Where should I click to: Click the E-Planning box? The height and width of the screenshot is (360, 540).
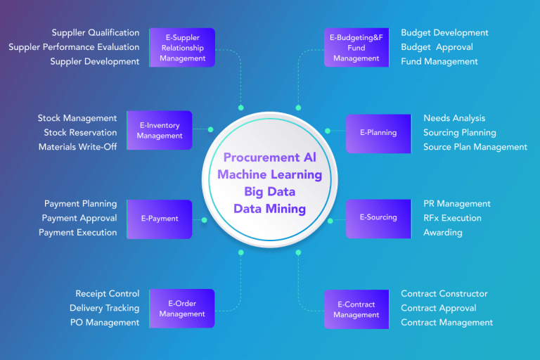click(378, 133)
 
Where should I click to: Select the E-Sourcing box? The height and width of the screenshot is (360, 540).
click(378, 218)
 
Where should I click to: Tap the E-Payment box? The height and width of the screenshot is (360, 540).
click(160, 219)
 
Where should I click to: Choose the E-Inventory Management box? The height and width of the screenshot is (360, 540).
click(160, 131)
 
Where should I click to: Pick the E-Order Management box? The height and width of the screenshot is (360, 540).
click(182, 309)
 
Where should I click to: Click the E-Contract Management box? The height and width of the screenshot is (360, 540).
click(356, 309)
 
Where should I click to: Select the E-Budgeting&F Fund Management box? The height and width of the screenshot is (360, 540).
click(356, 48)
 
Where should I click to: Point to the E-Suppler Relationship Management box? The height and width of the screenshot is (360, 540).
click(182, 48)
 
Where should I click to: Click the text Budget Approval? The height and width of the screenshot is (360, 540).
click(437, 47)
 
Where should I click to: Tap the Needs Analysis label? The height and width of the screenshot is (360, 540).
click(454, 118)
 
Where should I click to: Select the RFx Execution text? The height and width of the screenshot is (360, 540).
click(452, 218)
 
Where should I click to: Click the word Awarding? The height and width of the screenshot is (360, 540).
click(443, 233)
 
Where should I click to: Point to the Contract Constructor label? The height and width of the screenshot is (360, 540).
click(444, 294)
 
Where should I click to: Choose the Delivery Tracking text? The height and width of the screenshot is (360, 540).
click(104, 308)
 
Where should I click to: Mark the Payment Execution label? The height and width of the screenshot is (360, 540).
click(78, 233)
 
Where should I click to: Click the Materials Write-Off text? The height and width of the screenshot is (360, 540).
click(78, 147)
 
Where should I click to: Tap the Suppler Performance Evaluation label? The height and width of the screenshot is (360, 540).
click(74, 47)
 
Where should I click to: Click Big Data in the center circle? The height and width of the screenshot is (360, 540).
click(270, 192)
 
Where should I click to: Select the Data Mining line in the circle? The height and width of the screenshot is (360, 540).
click(270, 209)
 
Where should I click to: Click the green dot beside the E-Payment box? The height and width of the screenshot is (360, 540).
click(205, 220)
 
